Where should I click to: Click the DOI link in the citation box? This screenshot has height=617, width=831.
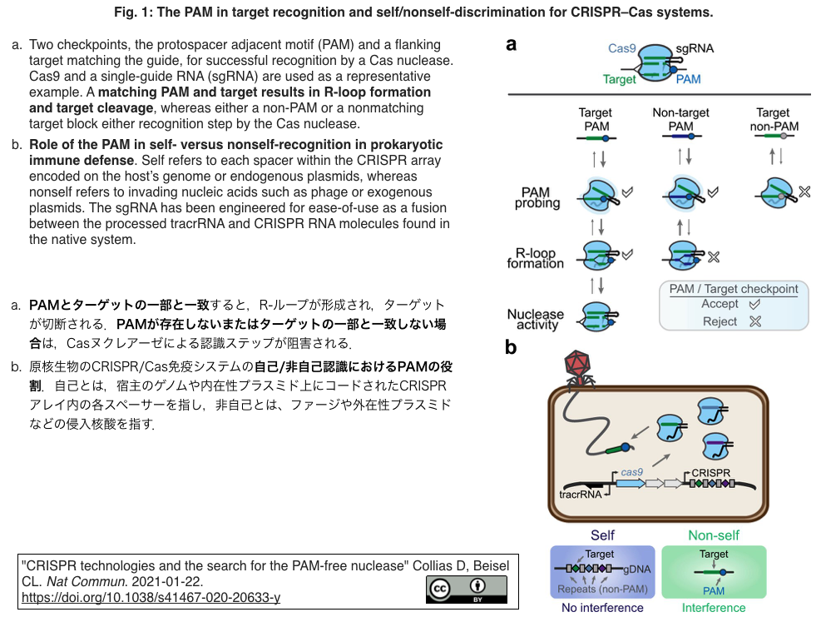[151, 597]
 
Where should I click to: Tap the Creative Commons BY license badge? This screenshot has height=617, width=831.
[466, 589]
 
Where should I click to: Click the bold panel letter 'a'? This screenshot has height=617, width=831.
[511, 45]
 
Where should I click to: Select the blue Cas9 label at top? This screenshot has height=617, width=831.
[621, 48]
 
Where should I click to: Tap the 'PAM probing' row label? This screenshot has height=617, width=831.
[537, 198]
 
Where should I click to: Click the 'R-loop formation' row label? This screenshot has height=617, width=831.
[535, 258]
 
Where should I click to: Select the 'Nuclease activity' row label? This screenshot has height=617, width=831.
[535, 320]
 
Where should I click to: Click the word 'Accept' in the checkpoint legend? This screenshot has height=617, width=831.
[720, 304]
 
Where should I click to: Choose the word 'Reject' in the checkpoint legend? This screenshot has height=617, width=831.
[720, 321]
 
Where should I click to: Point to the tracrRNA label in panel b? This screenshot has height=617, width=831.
[581, 494]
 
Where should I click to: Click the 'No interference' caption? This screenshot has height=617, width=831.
[602, 608]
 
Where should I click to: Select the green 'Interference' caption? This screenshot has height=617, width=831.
[714, 608]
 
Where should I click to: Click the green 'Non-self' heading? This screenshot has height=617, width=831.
[714, 535]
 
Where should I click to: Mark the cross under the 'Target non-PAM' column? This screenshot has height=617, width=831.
[804, 193]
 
